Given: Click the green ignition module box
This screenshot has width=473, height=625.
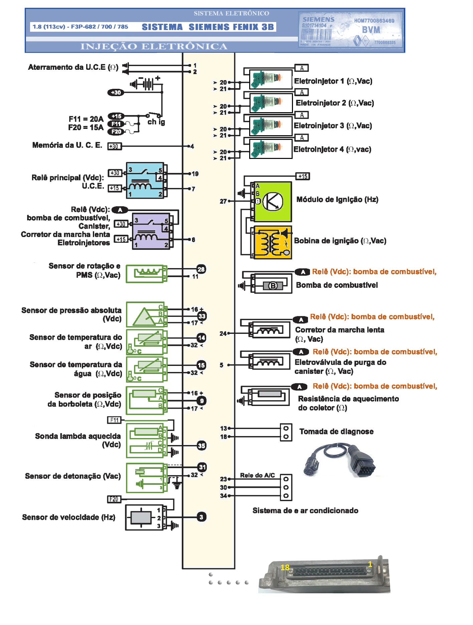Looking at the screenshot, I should [273, 202].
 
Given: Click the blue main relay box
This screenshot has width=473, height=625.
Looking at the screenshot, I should [145, 181].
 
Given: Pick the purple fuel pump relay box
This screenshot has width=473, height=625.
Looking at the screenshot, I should [151, 231].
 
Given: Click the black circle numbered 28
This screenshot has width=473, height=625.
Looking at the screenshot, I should [201, 269].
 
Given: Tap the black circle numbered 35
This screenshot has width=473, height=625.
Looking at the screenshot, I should [201, 445].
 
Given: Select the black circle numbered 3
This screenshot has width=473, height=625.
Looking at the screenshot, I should [201, 517].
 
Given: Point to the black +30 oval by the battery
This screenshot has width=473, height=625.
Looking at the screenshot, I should [116, 92].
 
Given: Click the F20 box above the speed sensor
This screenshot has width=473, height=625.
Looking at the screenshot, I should [114, 499].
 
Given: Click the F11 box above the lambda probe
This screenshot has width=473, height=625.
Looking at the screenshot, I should [114, 420].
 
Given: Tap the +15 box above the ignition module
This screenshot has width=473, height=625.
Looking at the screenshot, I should [303, 176].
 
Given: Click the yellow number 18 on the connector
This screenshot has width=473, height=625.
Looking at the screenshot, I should [285, 567].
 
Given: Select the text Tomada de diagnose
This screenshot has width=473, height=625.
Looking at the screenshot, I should [336, 431].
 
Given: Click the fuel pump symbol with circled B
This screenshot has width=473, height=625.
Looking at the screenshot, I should [273, 285].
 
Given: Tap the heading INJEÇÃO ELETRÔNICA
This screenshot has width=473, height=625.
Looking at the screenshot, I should [154, 46].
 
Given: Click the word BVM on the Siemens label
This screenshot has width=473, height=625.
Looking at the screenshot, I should [371, 30].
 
